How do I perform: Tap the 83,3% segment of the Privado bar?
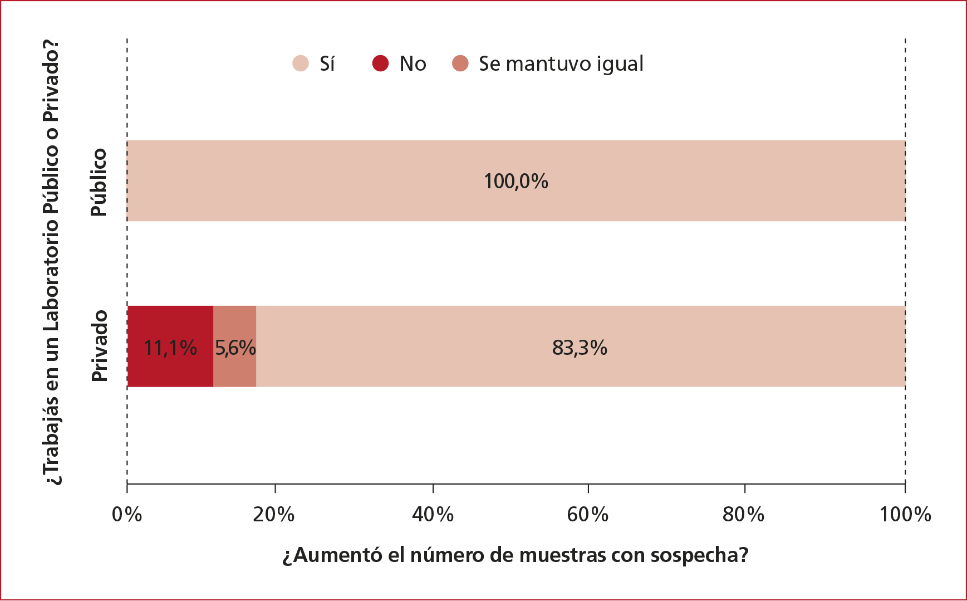click(579, 368)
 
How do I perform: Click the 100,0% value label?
click(516, 182)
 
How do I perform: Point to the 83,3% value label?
click(580, 348)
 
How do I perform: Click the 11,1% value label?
click(170, 348)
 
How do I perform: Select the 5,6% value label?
click(235, 348)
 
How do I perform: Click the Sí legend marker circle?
click(301, 63)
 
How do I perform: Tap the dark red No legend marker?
click(380, 63)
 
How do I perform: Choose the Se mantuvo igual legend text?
click(561, 64)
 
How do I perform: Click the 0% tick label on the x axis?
click(127, 515)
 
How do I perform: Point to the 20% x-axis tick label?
click(274, 515)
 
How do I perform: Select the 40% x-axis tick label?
click(433, 515)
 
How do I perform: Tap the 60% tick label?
click(588, 515)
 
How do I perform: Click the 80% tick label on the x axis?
click(744, 515)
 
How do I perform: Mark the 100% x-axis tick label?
click(905, 515)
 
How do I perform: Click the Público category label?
click(99, 182)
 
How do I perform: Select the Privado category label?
click(99, 346)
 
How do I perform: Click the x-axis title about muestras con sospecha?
click(516, 555)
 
